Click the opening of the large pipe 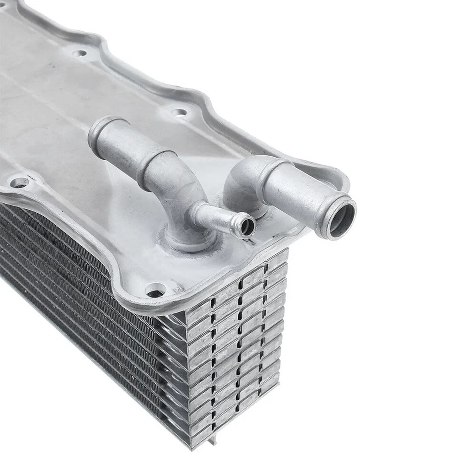coord(342,219)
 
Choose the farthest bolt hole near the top coord(79,53)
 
